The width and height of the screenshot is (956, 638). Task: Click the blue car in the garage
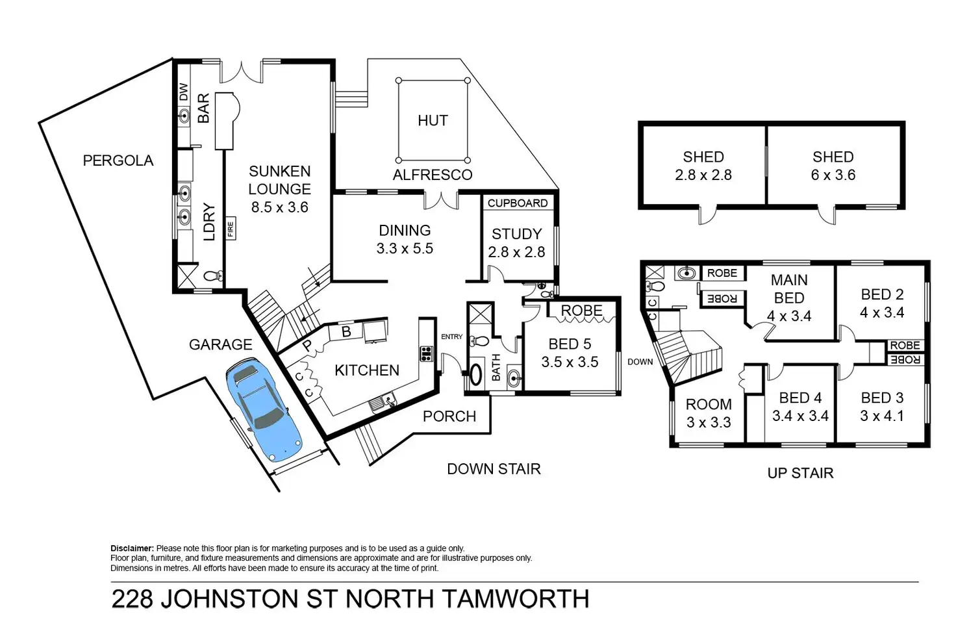[x=263, y=409]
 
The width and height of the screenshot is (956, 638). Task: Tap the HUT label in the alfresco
[x=433, y=121]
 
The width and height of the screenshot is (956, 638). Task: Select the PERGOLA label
[x=118, y=160]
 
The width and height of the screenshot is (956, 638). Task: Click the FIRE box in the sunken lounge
[x=231, y=229]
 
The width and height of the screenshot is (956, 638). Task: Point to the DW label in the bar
[x=184, y=92]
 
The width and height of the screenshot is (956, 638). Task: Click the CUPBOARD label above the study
[x=517, y=203]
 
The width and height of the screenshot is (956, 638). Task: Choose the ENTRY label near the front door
[x=451, y=337]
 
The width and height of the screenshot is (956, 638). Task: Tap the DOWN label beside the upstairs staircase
[x=640, y=362]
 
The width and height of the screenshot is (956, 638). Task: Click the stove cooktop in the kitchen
[x=426, y=354]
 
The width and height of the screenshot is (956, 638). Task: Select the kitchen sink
[x=383, y=402]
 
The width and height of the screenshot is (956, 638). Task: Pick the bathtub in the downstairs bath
[x=476, y=374]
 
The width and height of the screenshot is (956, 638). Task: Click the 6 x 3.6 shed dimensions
[x=833, y=175]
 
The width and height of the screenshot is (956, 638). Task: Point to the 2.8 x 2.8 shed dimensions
[x=703, y=175]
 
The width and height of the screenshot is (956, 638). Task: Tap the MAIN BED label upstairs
[x=789, y=289]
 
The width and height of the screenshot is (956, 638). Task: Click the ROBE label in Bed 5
[x=581, y=311]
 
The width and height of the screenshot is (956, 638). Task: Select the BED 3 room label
[x=882, y=398]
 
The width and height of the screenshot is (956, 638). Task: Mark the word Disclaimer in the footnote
[x=132, y=548]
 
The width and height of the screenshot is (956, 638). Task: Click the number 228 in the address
[x=132, y=599]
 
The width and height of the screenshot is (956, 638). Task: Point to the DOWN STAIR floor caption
[x=494, y=469]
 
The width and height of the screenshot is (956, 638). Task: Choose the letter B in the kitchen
[x=346, y=332]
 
